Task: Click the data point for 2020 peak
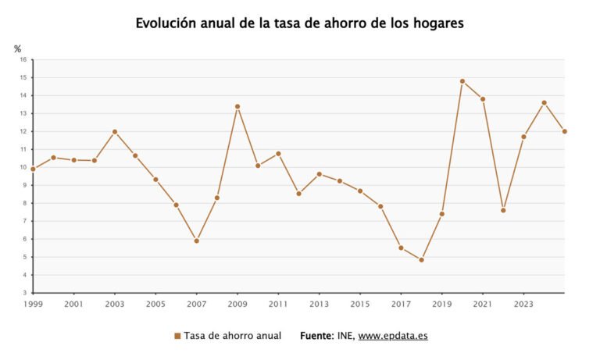(462, 81)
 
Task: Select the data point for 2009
(237, 106)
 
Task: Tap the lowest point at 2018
(421, 260)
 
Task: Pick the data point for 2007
(196, 241)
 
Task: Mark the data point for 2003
(115, 132)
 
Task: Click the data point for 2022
(503, 210)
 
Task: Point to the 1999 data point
(33, 169)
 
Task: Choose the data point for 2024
(545, 102)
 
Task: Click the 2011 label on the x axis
(278, 304)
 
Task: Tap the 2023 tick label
(523, 304)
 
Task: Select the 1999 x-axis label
(33, 304)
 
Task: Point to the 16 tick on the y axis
(23, 59)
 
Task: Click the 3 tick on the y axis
(24, 293)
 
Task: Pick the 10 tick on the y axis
(23, 167)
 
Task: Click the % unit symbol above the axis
(18, 49)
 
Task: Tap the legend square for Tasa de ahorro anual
(177, 336)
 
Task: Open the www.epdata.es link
(393, 336)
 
